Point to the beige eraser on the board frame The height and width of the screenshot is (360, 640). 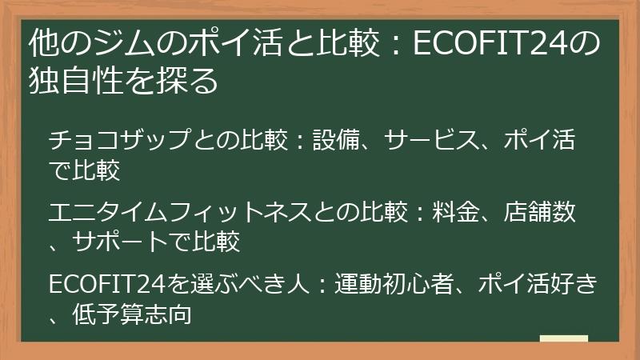coord(564,339)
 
